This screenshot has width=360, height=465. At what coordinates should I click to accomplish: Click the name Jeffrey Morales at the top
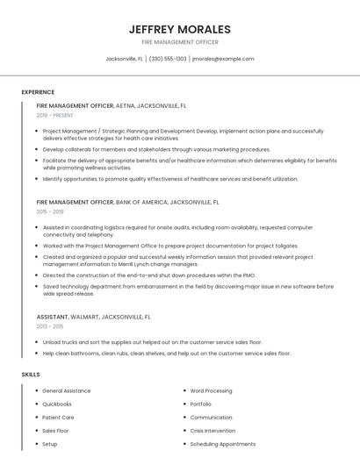179,29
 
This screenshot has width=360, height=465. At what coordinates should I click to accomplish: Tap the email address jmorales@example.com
222,59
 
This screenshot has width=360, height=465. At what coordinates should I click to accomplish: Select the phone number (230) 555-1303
168,59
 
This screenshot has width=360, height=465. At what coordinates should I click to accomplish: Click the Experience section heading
38,92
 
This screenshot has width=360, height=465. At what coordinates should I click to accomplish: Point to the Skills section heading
31,375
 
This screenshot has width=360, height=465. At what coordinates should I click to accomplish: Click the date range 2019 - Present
54,115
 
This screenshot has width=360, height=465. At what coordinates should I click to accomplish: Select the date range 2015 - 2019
50,211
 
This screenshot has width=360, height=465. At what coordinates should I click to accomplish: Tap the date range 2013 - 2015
50,325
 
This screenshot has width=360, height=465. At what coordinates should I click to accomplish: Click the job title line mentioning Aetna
112,105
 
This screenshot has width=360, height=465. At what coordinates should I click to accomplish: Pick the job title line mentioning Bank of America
127,202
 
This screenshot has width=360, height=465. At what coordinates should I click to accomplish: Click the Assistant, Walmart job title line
94,316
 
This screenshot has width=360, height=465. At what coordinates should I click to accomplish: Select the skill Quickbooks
57,404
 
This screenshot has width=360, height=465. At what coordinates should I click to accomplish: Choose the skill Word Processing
211,390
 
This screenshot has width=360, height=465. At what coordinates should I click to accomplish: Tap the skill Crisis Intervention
213,431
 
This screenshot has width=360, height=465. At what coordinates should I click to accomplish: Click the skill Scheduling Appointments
221,444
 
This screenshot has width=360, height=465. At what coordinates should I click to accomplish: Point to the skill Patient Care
58,418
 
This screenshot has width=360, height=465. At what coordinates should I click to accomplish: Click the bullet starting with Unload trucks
152,341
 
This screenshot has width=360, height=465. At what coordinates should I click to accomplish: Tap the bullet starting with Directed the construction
149,275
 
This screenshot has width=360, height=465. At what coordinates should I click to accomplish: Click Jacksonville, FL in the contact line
124,59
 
